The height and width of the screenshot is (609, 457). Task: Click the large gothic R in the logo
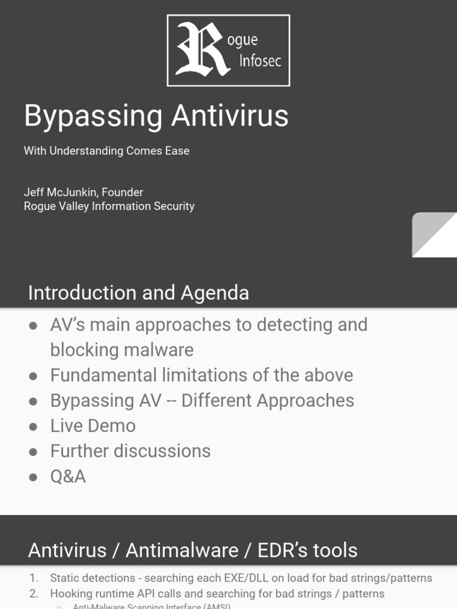[202, 49]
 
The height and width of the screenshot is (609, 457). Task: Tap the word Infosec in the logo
[259, 61]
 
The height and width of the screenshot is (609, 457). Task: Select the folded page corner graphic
[434, 235]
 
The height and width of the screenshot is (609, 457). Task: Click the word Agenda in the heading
[215, 293]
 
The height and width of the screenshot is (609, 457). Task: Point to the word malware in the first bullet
[158, 350]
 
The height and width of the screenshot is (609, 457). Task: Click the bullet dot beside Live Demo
[33, 426]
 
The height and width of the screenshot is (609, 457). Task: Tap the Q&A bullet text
[68, 476]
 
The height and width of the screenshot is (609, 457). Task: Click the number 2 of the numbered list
[33, 594]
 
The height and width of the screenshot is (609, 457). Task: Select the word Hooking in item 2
[70, 594]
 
